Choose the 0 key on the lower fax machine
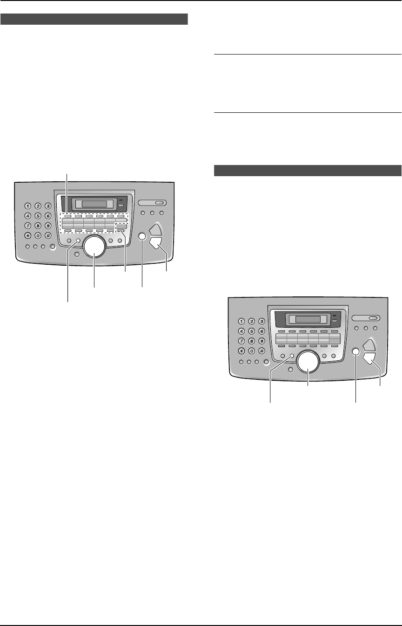[x=252, y=351]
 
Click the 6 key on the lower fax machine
[x=261, y=331]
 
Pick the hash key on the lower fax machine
[x=261, y=351]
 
